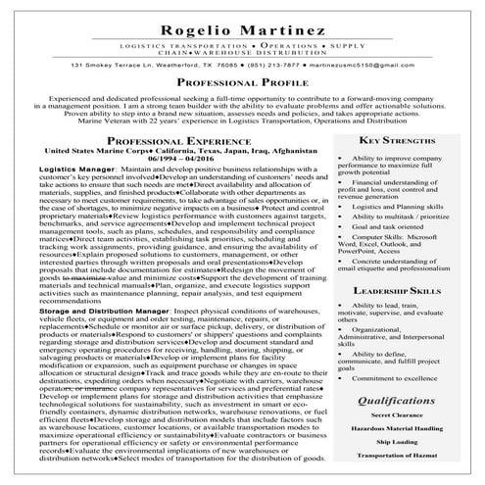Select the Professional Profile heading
242,85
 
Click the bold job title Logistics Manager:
78,170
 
